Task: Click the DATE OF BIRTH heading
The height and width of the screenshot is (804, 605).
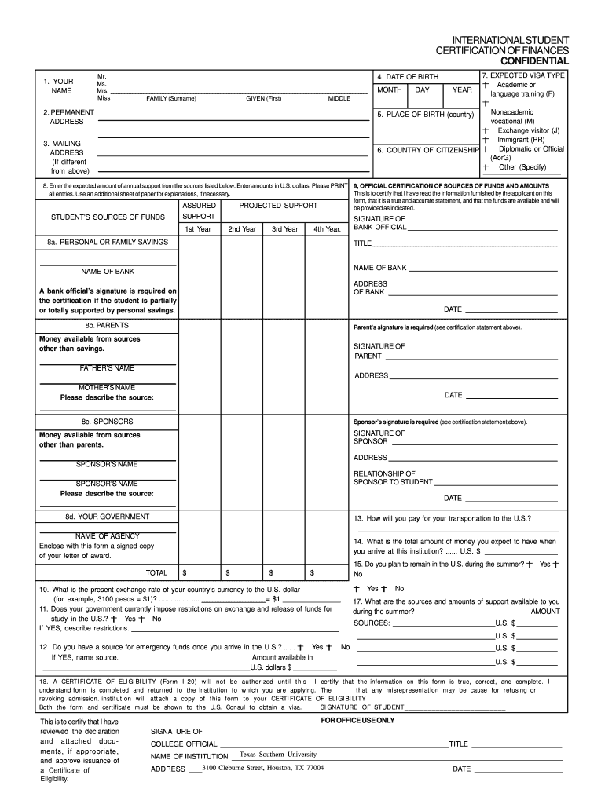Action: coord(407,77)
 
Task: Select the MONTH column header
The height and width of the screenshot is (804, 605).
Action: coord(390,90)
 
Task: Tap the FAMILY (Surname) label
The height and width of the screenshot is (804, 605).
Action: coord(170,98)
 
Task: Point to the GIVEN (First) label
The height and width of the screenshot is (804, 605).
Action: coord(263,98)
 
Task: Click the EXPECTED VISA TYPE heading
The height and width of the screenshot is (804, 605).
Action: coord(522,75)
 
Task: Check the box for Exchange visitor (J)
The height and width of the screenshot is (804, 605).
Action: coord(486,131)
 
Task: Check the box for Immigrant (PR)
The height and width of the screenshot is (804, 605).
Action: coord(486,140)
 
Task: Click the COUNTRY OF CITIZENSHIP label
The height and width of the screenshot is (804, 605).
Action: coord(428,150)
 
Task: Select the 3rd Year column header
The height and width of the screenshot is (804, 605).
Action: coord(284,229)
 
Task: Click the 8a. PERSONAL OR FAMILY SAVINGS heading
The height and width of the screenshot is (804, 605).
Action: coord(108,243)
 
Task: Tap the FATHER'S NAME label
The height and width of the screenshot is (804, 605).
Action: coord(107,368)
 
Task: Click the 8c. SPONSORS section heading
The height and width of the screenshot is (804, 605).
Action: coord(107,421)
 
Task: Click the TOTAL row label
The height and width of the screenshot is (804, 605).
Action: coord(157,572)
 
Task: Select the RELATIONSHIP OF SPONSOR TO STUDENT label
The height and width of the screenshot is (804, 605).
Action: coord(393,478)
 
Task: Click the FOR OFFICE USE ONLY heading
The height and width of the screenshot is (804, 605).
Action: coord(358,720)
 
